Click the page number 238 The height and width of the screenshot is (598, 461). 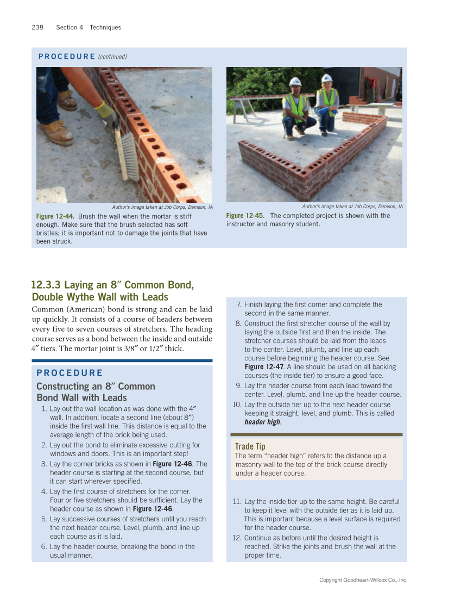pyautogui.click(x=37, y=27)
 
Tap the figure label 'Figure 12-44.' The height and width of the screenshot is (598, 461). pyautogui.click(x=55, y=216)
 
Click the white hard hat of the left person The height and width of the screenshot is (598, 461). pyautogui.click(x=295, y=82)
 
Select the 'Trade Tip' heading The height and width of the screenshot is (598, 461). pyautogui.click(x=250, y=446)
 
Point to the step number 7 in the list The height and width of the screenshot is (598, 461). pyautogui.click(x=239, y=304)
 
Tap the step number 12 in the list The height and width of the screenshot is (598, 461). pyautogui.click(x=237, y=538)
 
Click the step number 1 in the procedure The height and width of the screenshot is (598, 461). pyautogui.click(x=43, y=409)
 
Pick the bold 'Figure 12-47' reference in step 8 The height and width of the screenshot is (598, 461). pyautogui.click(x=263, y=367)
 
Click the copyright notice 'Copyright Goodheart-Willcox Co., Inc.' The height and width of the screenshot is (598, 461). pyautogui.click(x=363, y=580)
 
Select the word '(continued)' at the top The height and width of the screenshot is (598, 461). pyautogui.click(x=112, y=57)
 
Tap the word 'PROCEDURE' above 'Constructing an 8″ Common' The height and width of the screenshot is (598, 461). pyautogui.click(x=70, y=373)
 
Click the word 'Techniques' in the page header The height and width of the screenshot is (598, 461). pyautogui.click(x=105, y=27)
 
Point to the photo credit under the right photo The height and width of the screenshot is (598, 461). pyautogui.click(x=352, y=207)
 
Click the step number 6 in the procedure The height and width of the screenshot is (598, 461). pyautogui.click(x=43, y=546)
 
